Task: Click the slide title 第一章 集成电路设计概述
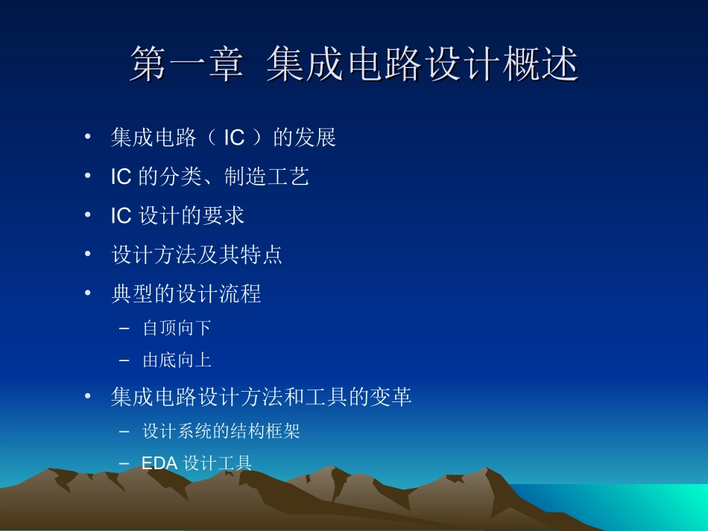tap(354, 64)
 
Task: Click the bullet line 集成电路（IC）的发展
tap(224, 138)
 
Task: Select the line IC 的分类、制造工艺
tap(209, 177)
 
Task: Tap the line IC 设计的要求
tap(177, 216)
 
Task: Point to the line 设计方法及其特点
tap(197, 255)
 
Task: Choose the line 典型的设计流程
tap(186, 293)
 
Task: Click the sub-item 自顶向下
tap(177, 328)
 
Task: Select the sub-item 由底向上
tap(177, 360)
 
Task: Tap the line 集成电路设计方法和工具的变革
tap(261, 397)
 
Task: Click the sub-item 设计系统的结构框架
tap(221, 431)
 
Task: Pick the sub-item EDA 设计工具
tap(197, 464)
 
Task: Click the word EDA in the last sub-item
tap(159, 464)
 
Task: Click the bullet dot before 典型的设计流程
tap(88, 293)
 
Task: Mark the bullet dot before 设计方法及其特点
tap(88, 254)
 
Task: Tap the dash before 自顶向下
tap(124, 328)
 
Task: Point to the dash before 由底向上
tap(124, 360)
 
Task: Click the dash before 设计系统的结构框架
tap(124, 431)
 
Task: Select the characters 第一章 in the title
tap(186, 64)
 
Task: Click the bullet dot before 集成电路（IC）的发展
tap(88, 137)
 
